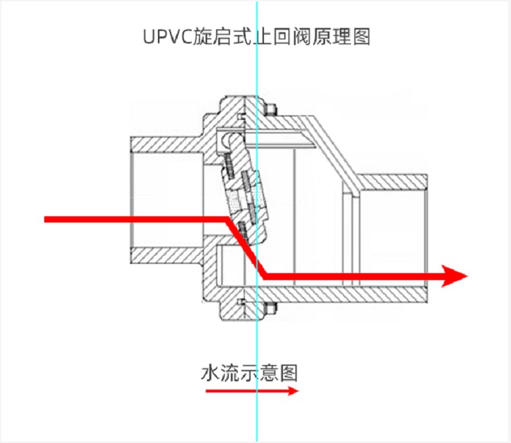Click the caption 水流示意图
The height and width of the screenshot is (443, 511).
coord(249,372)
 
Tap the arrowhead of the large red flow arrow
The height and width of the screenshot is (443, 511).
coord(456,276)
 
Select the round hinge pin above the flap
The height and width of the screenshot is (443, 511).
coord(224,143)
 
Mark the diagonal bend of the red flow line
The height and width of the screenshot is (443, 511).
coord(243,248)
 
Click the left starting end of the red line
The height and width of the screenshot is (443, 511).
coord(48,220)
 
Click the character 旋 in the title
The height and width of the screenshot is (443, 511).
coord(203,36)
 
